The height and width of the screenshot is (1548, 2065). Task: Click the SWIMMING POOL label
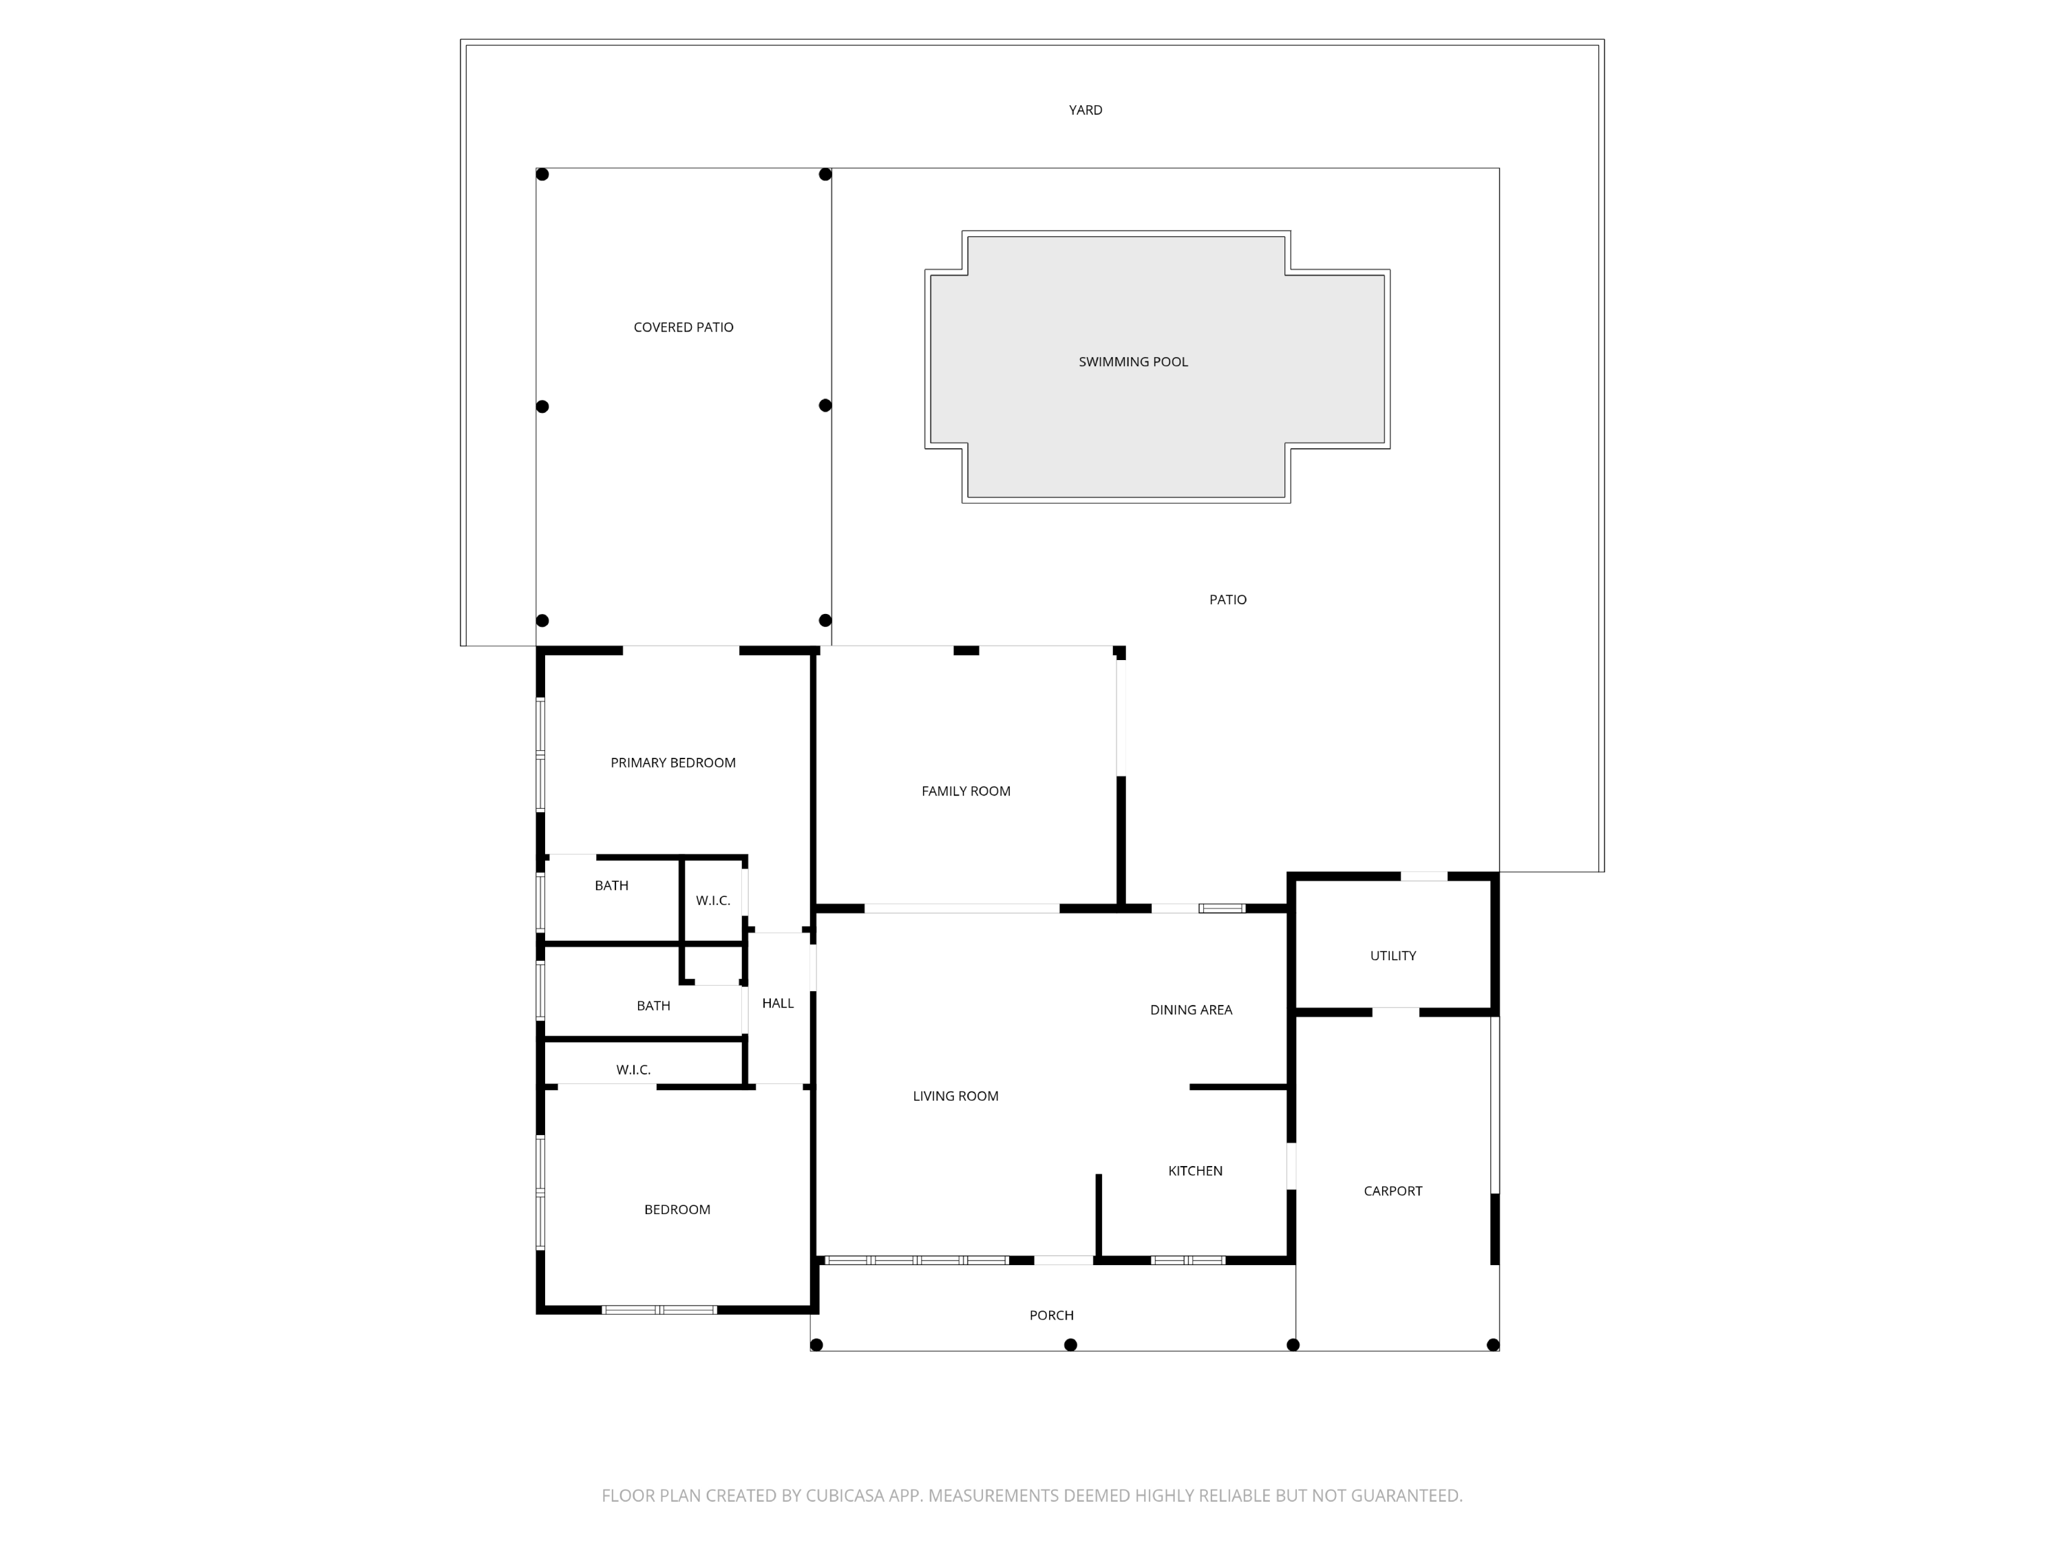[x=1132, y=361]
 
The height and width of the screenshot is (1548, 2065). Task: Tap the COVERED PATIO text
[x=684, y=327]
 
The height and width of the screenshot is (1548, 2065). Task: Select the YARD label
[x=1085, y=110]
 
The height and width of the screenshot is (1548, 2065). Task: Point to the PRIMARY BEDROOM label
[x=673, y=763]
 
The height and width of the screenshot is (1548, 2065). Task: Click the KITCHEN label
[x=1195, y=1171]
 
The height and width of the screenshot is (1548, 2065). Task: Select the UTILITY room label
[x=1393, y=955]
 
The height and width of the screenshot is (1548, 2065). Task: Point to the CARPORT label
[x=1393, y=1190]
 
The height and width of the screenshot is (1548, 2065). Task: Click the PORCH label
[x=1051, y=1315]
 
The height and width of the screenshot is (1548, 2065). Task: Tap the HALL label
[x=778, y=1003]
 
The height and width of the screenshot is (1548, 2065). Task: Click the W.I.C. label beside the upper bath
[x=712, y=900]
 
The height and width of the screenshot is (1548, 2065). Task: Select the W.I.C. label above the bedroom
[x=633, y=1069]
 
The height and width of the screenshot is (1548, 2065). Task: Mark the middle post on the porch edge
[x=1071, y=1344]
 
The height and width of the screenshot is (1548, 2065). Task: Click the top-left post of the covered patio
[x=542, y=175]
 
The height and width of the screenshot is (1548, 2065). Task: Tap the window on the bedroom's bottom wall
[x=659, y=1310]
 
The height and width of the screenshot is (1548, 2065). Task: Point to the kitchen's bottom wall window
[x=1187, y=1260]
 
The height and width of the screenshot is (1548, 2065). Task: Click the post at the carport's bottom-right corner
[x=1493, y=1344]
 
